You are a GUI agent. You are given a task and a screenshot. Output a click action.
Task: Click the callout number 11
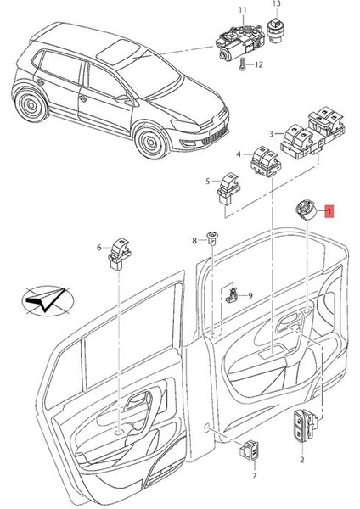click(242, 10)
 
